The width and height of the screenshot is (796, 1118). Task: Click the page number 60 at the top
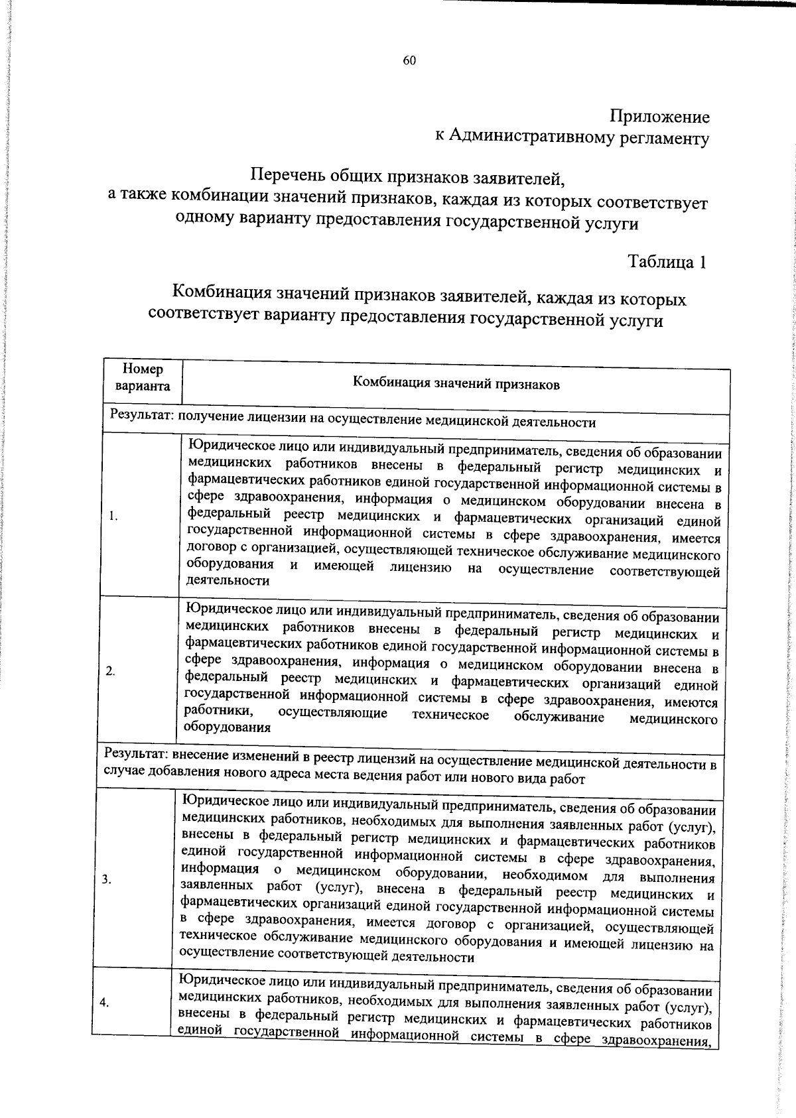(409, 61)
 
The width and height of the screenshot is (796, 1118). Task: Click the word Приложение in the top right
(659, 117)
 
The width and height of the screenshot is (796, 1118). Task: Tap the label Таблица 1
(667, 262)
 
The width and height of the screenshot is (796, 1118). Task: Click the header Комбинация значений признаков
(456, 383)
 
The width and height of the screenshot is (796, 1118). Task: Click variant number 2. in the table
(111, 671)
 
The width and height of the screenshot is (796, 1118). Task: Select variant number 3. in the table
(107, 879)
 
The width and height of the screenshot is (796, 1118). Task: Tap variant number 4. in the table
(105, 1003)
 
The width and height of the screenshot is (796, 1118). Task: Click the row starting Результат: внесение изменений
(411, 763)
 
